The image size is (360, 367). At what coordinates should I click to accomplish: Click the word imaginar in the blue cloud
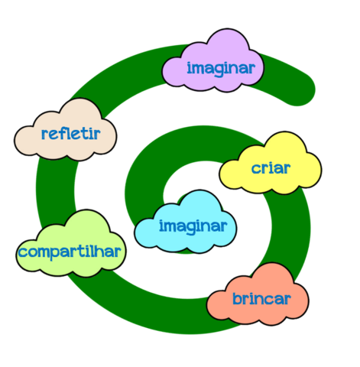click(x=193, y=226)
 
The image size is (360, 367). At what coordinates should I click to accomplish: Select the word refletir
click(x=71, y=134)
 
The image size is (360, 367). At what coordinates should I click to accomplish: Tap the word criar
click(x=271, y=168)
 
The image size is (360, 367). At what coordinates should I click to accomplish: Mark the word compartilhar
click(x=70, y=252)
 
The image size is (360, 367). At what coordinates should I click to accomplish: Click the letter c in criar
click(x=256, y=169)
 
